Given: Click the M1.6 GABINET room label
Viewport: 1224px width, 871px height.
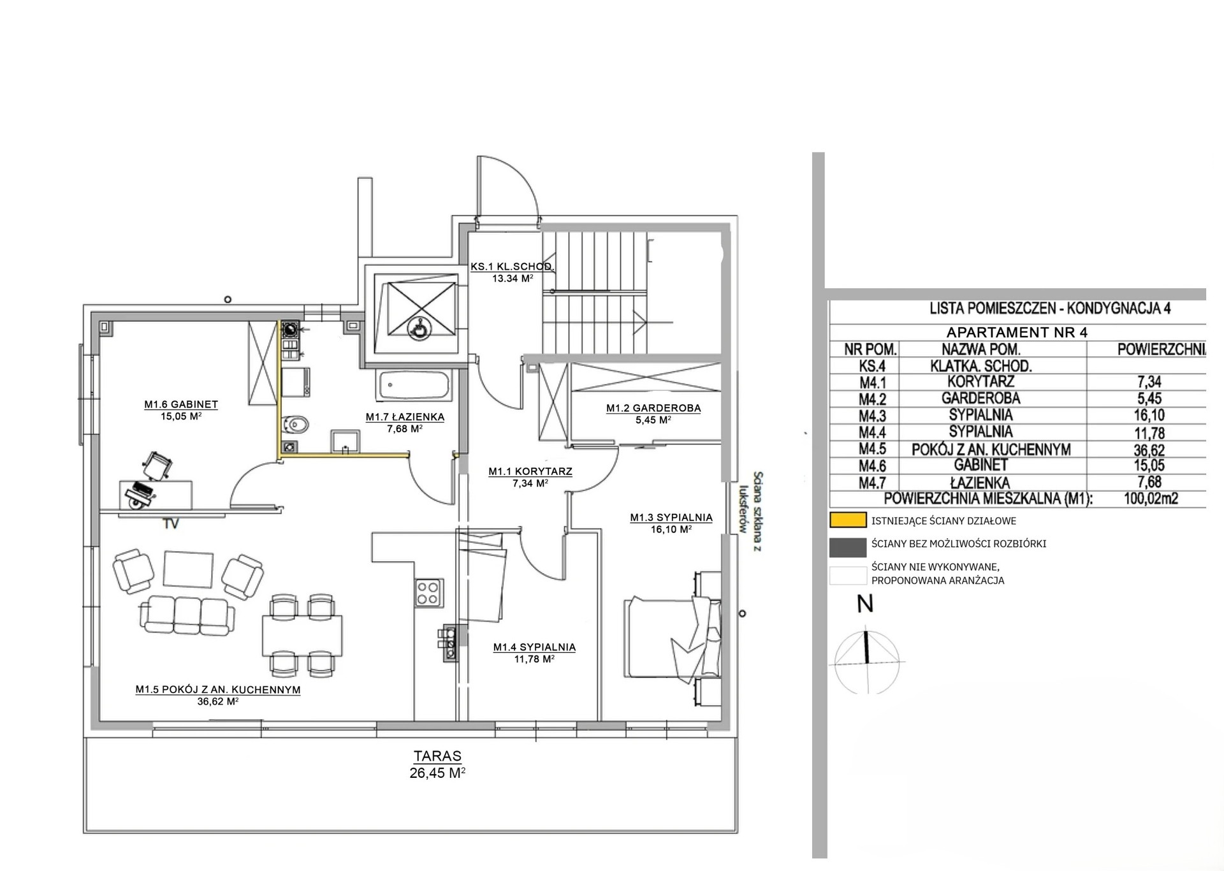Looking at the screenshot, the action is (x=181, y=404).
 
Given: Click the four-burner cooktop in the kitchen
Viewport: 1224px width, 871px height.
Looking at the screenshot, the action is (x=428, y=592).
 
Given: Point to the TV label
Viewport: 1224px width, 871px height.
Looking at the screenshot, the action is (x=171, y=524).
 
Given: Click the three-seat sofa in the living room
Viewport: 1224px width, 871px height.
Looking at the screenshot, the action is (x=187, y=613).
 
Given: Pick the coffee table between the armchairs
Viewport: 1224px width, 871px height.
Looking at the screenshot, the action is (x=188, y=569).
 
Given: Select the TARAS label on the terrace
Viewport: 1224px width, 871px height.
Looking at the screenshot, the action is (x=437, y=756).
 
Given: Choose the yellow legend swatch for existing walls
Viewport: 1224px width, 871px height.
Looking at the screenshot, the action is (x=848, y=520).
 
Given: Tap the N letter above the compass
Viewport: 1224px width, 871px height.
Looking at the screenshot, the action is (x=865, y=603).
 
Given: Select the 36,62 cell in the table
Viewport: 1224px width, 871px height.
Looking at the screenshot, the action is (x=1149, y=450).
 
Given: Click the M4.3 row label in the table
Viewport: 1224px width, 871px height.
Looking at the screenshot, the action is (x=873, y=416).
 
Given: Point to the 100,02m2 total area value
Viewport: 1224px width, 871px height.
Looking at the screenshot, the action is (x=1151, y=499).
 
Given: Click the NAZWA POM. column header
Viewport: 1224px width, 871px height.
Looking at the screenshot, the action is (x=980, y=349).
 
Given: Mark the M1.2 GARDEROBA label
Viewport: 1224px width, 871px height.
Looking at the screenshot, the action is (x=653, y=408).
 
